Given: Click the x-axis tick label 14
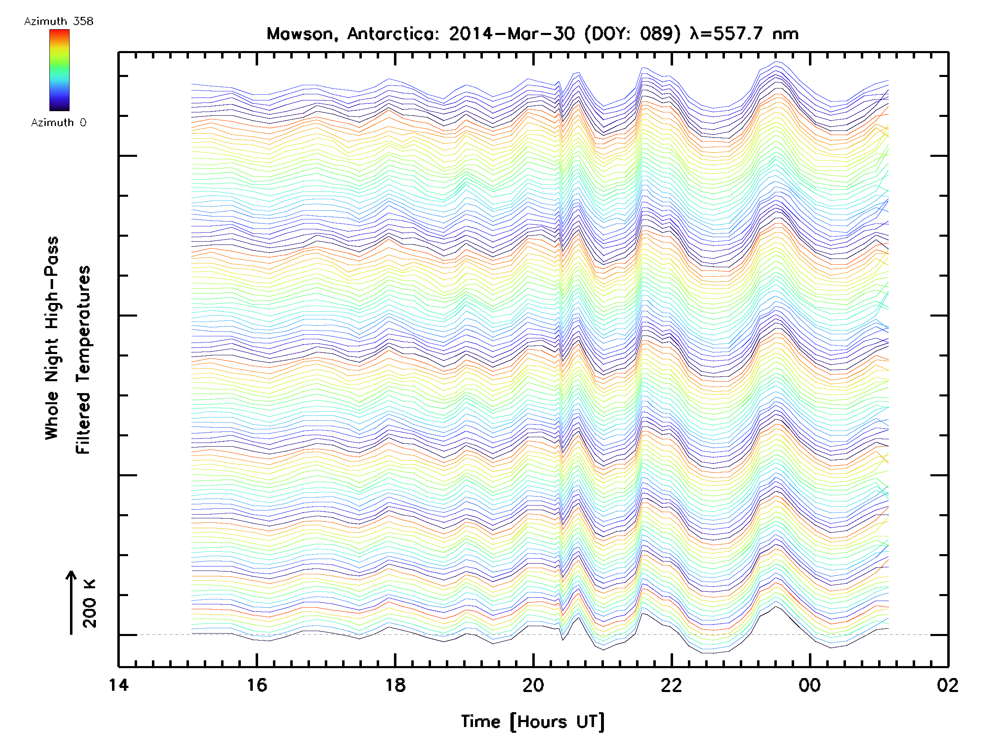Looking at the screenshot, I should point(119,685).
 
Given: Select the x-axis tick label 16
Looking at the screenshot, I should point(257,685).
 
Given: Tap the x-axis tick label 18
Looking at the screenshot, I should point(395,685).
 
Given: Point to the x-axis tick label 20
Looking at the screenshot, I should point(533,685).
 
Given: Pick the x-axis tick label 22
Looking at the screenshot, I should point(671,685).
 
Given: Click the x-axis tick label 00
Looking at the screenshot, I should point(809,685).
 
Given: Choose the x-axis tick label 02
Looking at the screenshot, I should point(947,685).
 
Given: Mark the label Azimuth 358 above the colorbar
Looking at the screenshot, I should point(58,21).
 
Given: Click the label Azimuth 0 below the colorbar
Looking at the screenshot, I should point(58,123).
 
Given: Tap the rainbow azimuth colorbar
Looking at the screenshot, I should point(59,70).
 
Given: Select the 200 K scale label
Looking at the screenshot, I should point(90,604).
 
